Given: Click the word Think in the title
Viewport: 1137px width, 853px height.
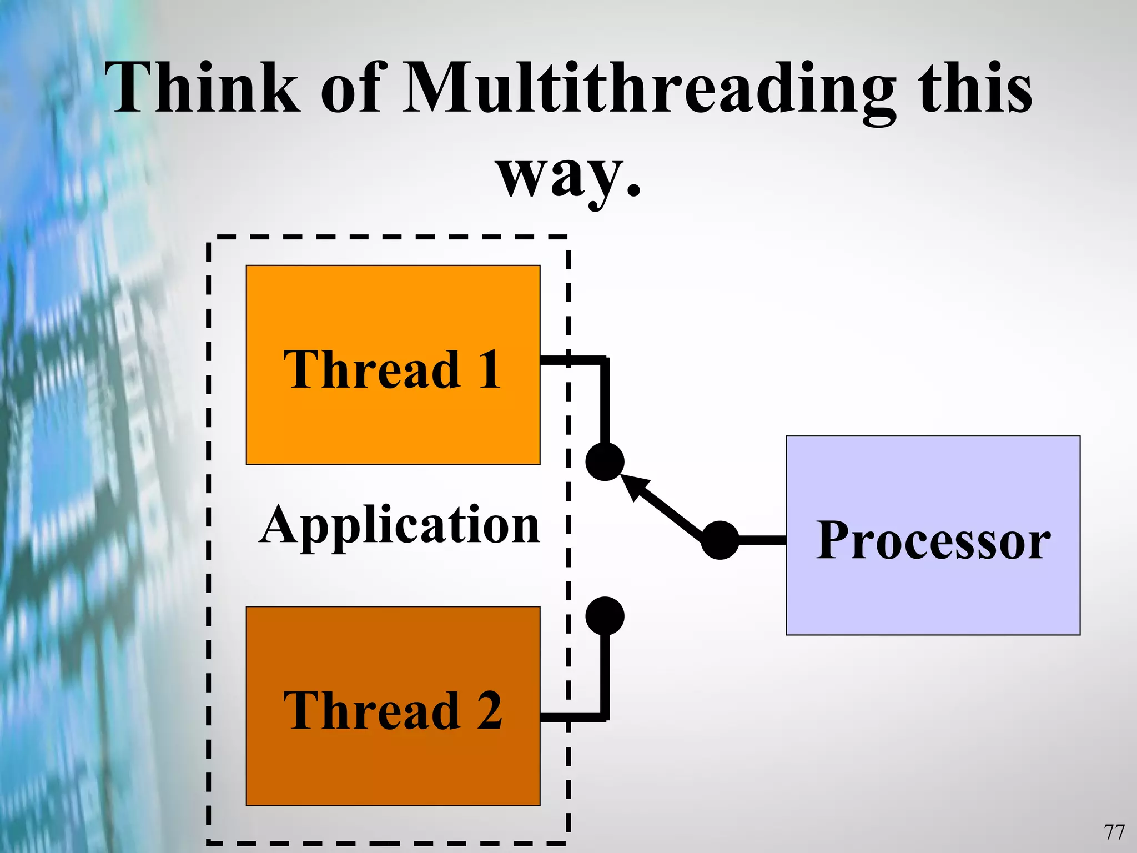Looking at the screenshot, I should (x=203, y=89).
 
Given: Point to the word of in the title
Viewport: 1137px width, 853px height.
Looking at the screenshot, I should (x=350, y=89).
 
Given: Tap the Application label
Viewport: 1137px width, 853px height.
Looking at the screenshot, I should (x=399, y=525).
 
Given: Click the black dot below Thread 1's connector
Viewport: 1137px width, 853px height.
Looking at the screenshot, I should (x=605, y=462).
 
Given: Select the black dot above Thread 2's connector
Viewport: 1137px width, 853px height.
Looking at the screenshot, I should (x=605, y=616).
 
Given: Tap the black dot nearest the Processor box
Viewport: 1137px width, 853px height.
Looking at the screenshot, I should (x=720, y=540).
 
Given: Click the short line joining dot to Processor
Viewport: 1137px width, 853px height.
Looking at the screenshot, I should (x=762, y=540).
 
